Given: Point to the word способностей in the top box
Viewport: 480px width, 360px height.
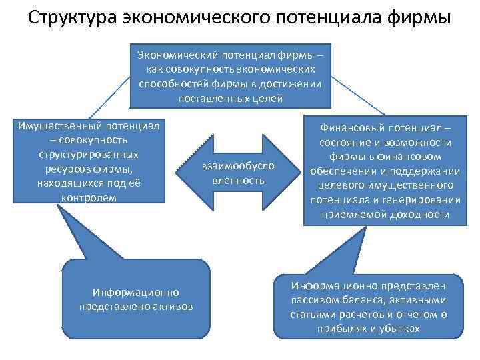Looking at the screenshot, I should coord(170,84).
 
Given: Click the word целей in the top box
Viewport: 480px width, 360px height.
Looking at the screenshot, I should coord(269,99).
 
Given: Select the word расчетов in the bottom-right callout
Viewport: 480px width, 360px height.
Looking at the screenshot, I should coord(346,314).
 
